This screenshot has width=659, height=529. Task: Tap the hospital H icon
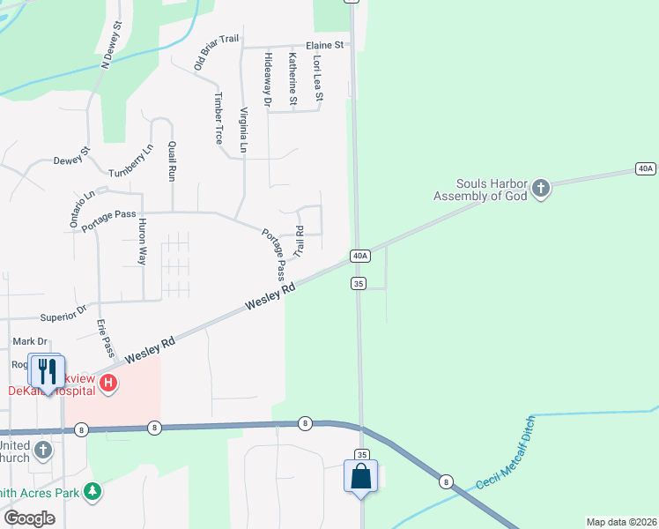coord(108,383)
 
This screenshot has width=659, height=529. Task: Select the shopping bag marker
coord(360,477)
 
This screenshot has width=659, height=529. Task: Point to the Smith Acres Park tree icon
coord(93,492)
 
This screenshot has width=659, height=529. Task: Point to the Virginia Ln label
coord(244,131)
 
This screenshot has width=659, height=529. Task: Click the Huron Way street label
coord(141,242)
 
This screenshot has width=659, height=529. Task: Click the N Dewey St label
coord(110,47)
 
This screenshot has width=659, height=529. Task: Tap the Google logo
coord(29,518)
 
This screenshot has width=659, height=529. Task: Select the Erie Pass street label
coord(106,339)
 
